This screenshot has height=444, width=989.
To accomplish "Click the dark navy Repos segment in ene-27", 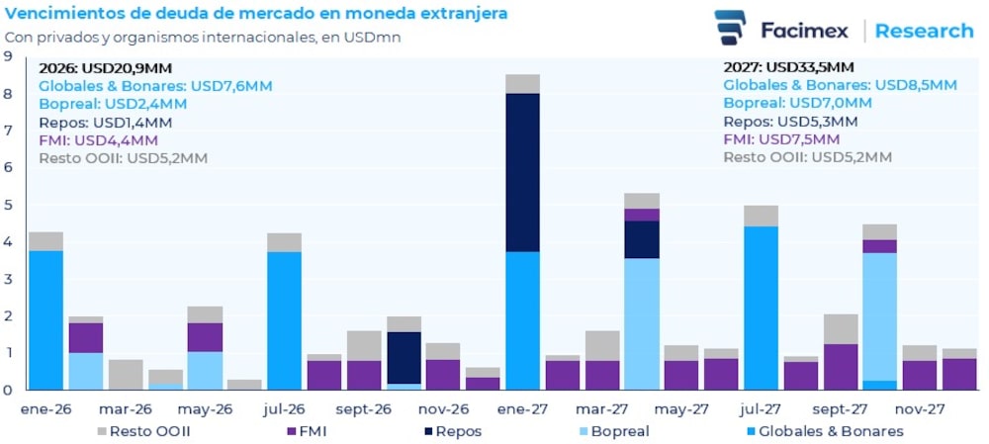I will pos(522,173).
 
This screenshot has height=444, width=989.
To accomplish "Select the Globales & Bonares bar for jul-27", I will pos(761,308).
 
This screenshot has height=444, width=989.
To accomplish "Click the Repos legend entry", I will pos(460,431).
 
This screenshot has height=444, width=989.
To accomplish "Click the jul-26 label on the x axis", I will pos(285,407).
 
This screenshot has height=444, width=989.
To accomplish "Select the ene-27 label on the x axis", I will pos(522,407).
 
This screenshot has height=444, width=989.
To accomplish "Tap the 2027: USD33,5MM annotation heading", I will pos(788,68).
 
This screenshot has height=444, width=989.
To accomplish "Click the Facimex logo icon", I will pos(730,28).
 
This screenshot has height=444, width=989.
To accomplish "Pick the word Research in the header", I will pos(924,31).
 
